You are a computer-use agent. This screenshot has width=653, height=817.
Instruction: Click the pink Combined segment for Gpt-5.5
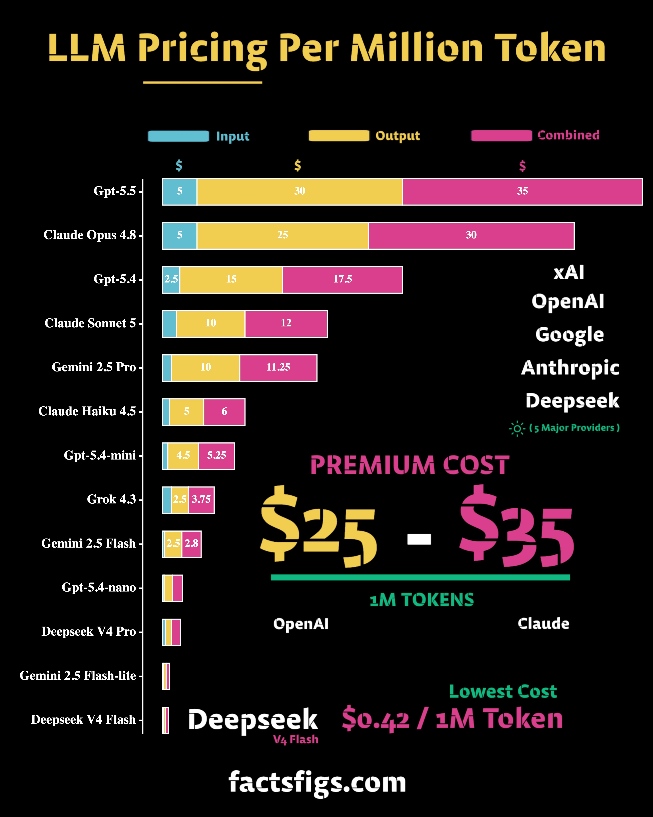point(522,192)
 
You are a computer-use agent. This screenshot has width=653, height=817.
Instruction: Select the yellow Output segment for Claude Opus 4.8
point(282,236)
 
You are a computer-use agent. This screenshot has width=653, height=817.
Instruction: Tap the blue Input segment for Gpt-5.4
point(171,280)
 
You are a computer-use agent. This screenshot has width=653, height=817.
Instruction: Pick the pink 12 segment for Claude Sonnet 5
point(286,324)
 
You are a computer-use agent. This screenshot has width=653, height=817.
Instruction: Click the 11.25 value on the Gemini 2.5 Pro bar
point(278,367)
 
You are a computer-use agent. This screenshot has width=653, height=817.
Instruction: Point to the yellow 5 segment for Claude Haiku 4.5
point(187,412)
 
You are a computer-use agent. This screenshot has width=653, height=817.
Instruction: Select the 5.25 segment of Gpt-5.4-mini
point(217,456)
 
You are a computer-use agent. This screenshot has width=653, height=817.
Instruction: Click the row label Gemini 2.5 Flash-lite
point(78,676)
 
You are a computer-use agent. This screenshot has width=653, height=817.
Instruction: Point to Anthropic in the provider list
point(570,368)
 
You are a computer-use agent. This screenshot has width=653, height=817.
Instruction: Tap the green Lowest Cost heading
point(503,692)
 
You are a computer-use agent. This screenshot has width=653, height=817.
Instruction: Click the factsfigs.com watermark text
point(317,783)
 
